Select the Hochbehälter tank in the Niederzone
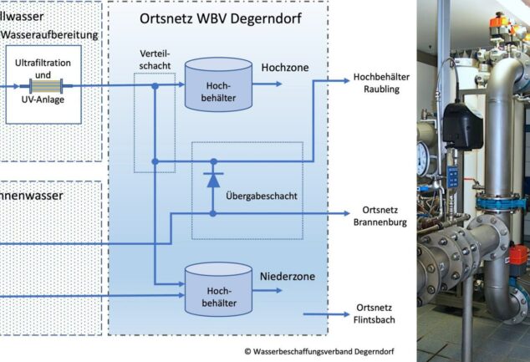coord(217,289)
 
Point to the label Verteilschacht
coord(155,59)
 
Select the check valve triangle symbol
coord(213,179)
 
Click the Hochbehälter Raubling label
coord(381,83)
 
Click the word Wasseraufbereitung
coord(50,34)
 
